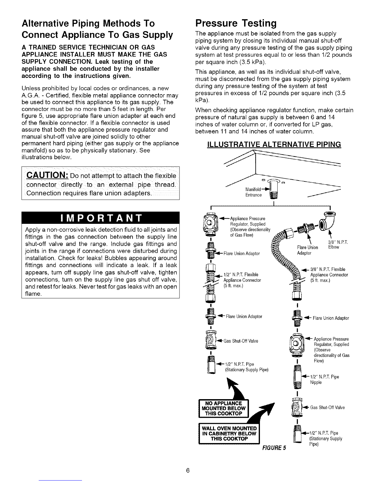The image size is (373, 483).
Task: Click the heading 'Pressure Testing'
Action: coord(236,23)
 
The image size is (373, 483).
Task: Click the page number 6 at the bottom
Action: coord(188,470)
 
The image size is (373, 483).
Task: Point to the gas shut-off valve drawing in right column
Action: coord(297,408)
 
